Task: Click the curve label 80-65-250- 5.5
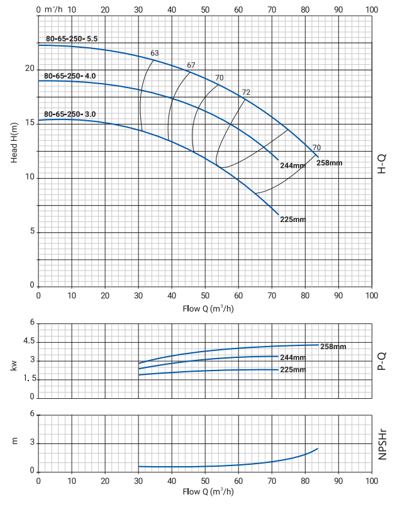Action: point(71,38)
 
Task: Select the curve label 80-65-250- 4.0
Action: point(70,76)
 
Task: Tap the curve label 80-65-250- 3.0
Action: point(70,114)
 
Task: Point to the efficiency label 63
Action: point(155,53)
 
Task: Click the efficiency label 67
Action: point(191,65)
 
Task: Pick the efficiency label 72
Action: point(246,92)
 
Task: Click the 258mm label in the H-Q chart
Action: point(330,163)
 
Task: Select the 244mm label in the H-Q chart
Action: point(292,165)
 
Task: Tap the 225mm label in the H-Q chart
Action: point(292,220)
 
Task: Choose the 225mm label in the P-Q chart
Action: point(292,369)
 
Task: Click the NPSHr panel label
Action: point(382,444)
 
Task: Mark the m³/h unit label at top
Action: point(55,10)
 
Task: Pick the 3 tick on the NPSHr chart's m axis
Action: point(30,443)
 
